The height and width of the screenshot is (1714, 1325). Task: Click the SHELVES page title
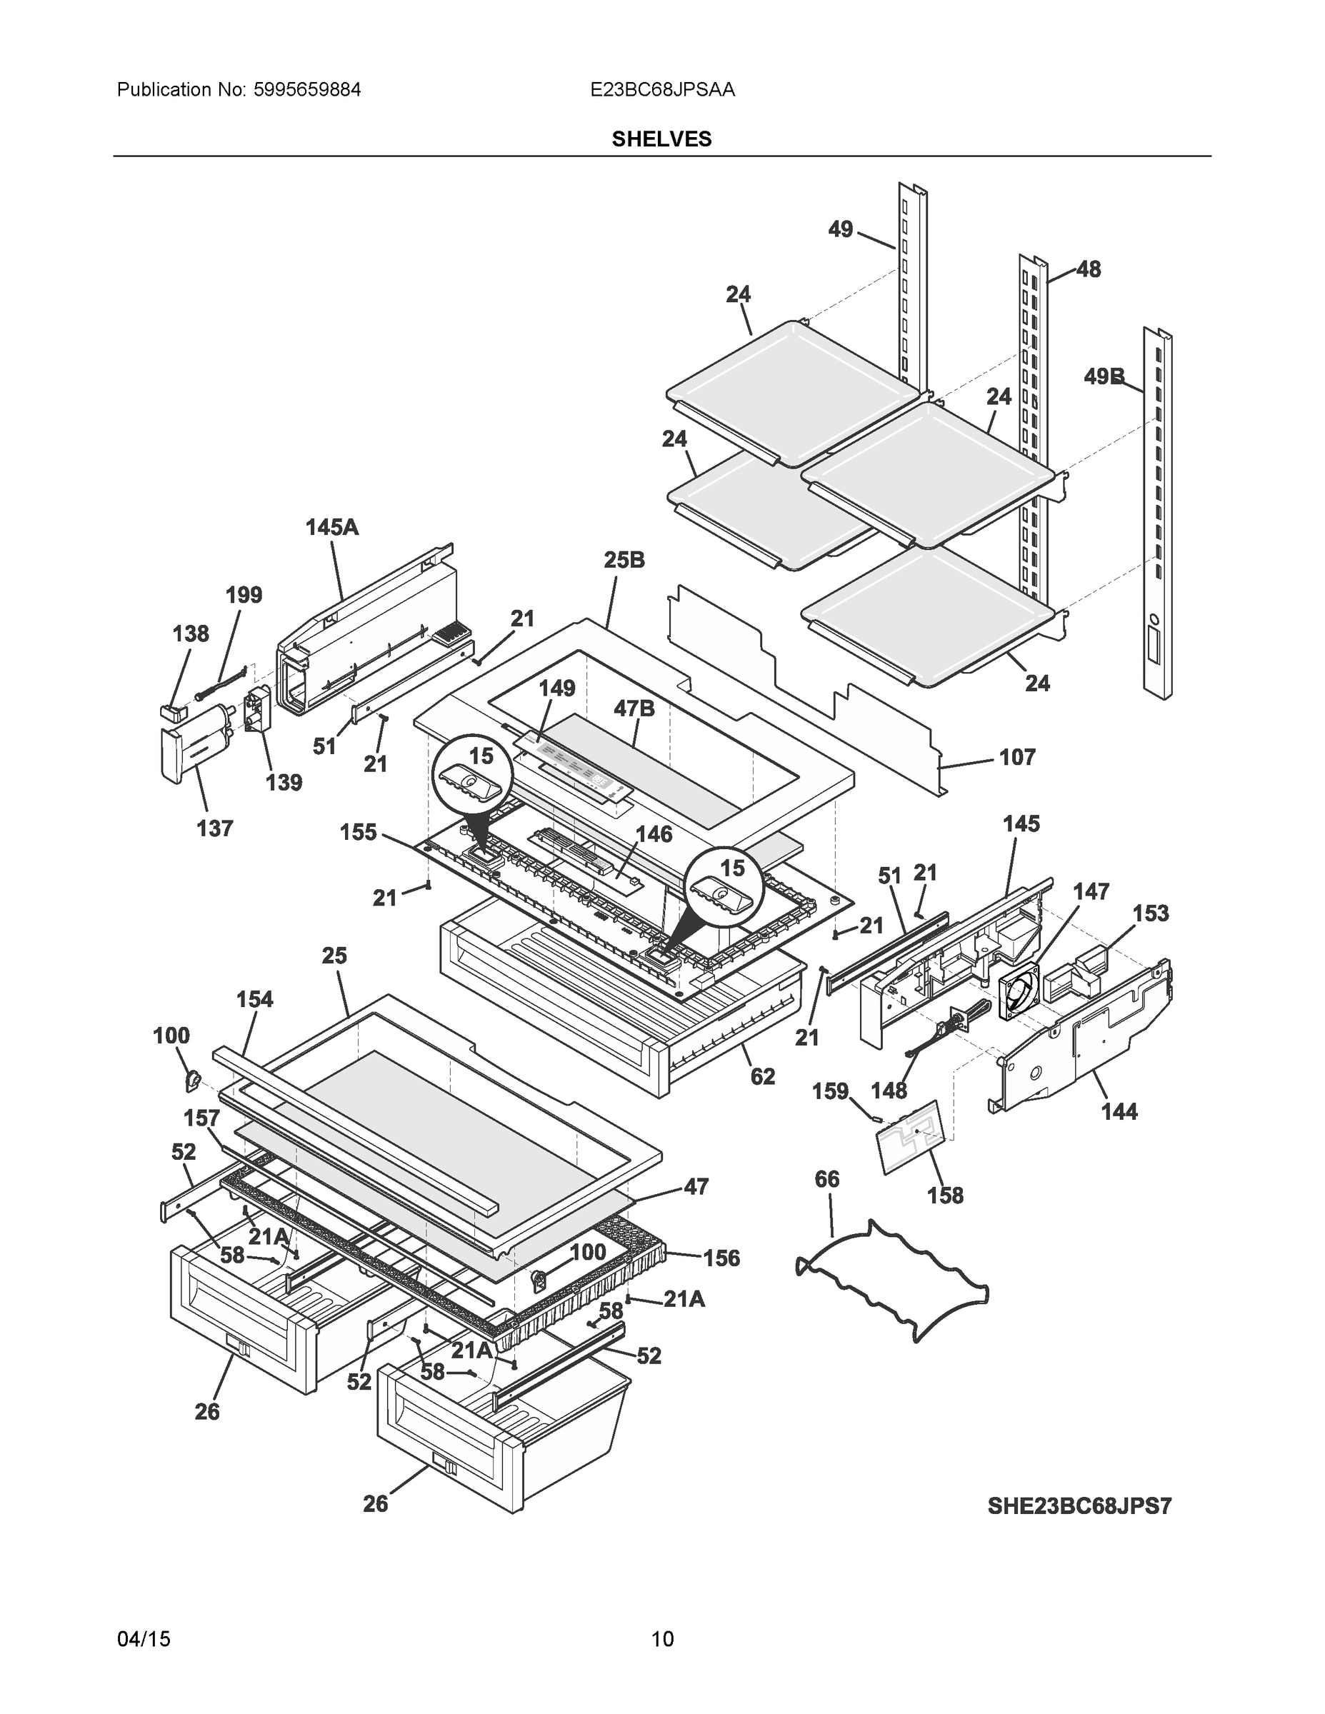(x=661, y=139)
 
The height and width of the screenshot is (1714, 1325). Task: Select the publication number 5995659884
(x=307, y=89)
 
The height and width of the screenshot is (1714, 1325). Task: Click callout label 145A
(x=332, y=527)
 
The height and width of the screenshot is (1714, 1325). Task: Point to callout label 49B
(x=1104, y=376)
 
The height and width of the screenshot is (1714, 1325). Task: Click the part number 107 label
(x=1017, y=757)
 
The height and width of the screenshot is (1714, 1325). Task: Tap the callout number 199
(x=244, y=595)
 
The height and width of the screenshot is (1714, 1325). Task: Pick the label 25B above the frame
(x=625, y=561)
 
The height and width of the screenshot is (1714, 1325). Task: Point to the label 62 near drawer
(x=762, y=1076)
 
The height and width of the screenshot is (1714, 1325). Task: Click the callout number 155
(x=358, y=832)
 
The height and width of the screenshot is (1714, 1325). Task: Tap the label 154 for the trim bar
(x=254, y=999)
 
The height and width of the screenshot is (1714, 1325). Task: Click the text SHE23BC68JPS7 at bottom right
(x=1079, y=1506)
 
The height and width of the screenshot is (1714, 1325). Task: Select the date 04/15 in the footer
(x=144, y=1639)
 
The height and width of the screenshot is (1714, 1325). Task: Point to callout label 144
(x=1119, y=1111)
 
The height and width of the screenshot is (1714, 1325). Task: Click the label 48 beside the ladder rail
(x=1088, y=269)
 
